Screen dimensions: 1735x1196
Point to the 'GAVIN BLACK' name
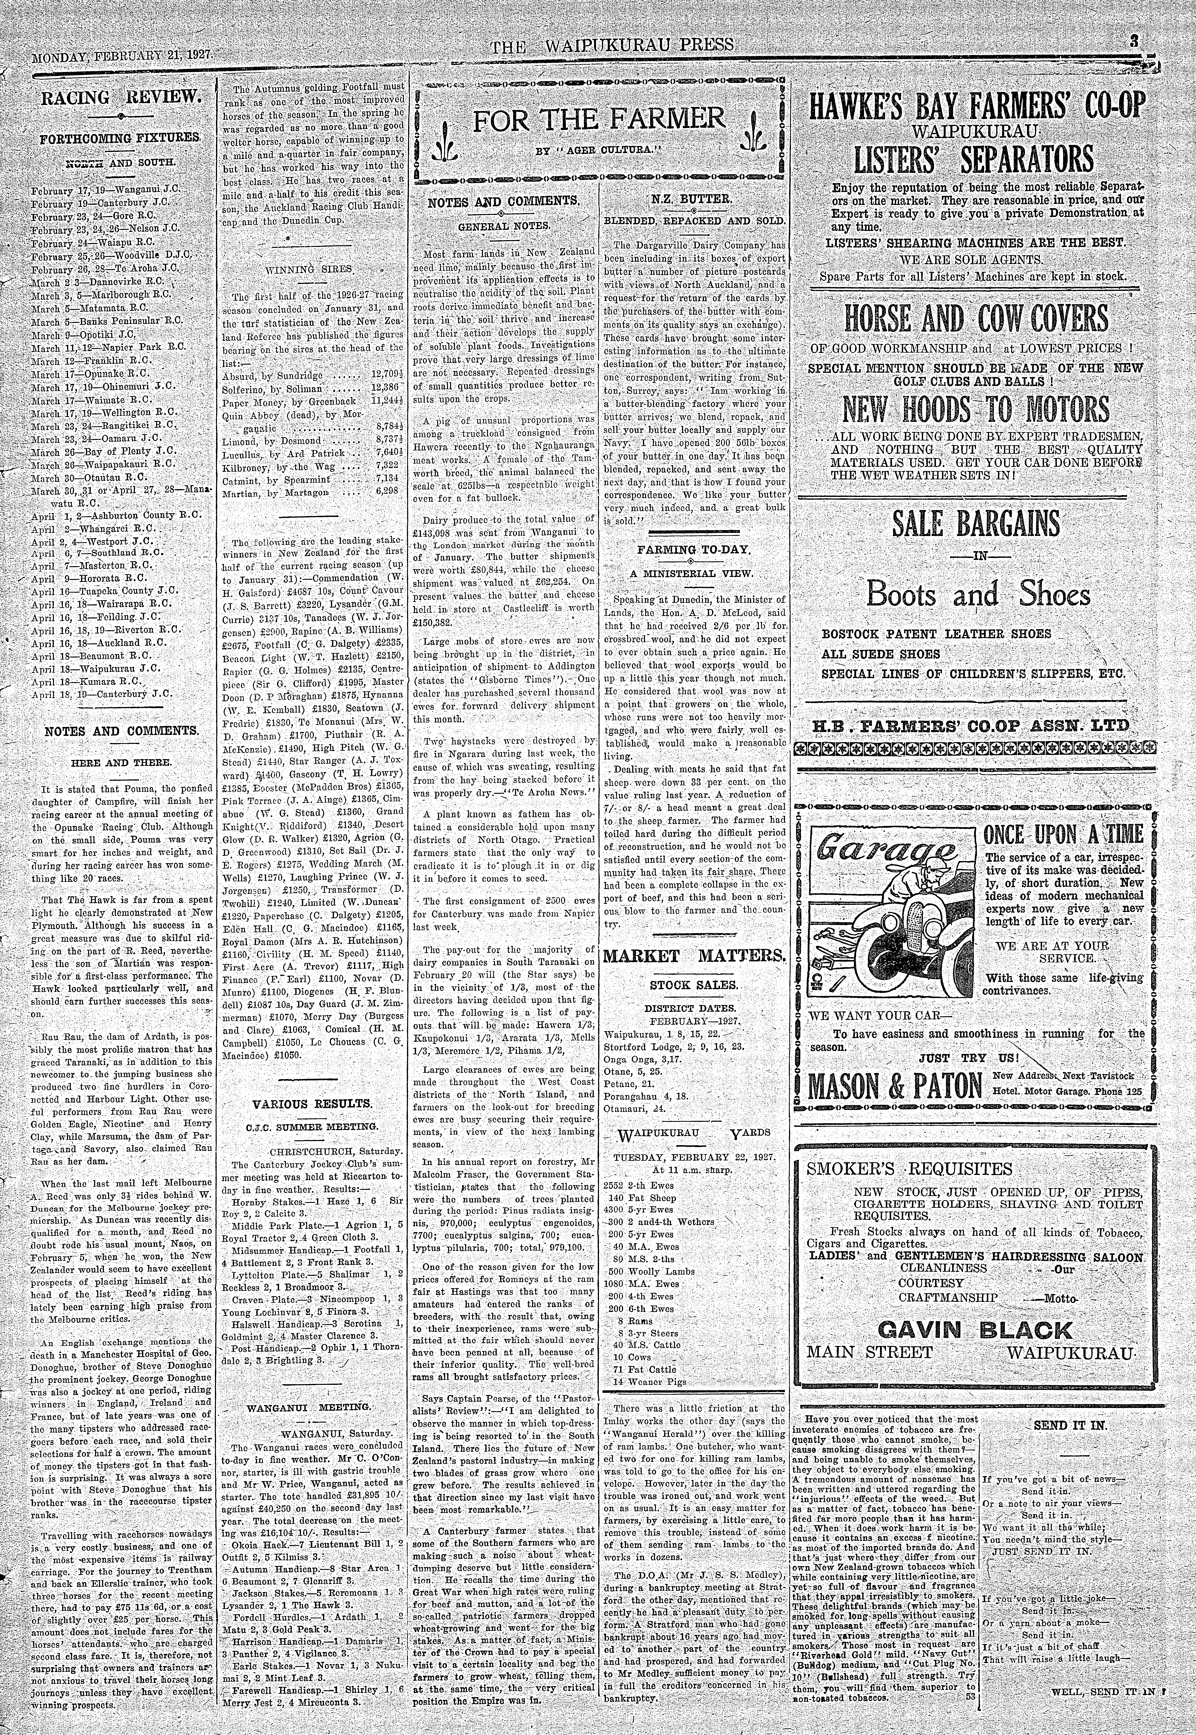[974, 1330]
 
